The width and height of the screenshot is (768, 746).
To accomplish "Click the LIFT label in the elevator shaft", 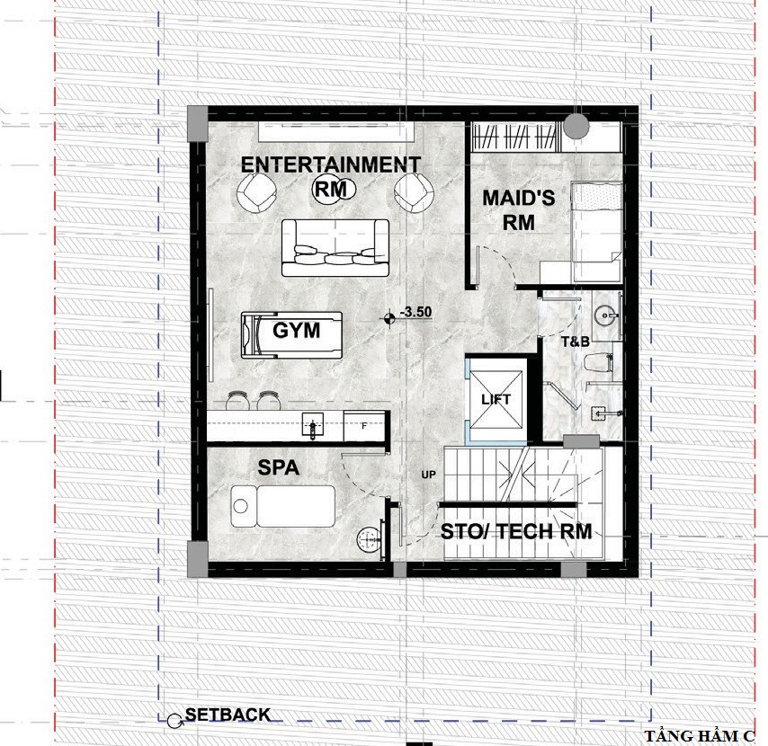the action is click(x=496, y=399).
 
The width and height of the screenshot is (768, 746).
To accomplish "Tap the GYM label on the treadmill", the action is click(x=297, y=331).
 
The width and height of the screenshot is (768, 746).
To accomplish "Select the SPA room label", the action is click(x=278, y=467).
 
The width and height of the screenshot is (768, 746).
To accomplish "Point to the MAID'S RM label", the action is click(x=519, y=210).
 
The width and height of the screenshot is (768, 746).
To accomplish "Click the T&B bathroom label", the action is click(x=576, y=342).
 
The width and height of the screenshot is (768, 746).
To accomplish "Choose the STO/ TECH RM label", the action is click(x=516, y=531).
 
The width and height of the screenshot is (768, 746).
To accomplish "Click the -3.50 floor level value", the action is click(x=415, y=312).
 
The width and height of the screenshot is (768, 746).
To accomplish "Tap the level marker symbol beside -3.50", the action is click(x=389, y=319).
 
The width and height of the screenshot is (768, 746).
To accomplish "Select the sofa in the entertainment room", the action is click(x=335, y=247).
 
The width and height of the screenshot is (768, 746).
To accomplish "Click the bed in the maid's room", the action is click(x=597, y=232).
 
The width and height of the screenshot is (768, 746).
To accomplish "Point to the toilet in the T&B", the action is click(x=599, y=364).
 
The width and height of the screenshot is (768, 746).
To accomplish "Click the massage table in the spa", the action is click(x=283, y=506).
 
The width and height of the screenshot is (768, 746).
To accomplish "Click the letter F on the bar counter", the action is click(x=364, y=426).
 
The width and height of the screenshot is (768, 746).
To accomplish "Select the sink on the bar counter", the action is click(x=312, y=426).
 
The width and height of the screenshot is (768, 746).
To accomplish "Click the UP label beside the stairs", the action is click(x=428, y=475).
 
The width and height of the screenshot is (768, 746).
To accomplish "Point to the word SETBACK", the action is click(x=228, y=715).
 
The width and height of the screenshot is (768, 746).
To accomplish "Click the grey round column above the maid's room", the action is click(x=576, y=126).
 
